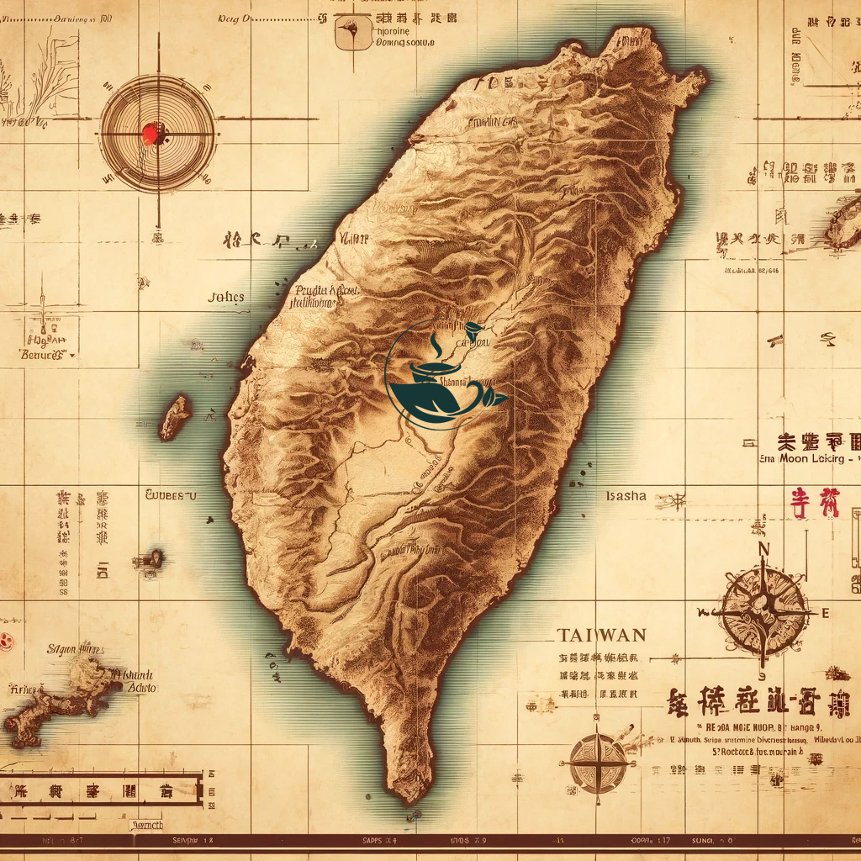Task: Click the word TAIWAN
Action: pyautogui.click(x=602, y=634)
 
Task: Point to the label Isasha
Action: pyautogui.click(x=626, y=495)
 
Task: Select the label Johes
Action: pyautogui.click(x=226, y=297)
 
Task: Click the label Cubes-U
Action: pyautogui.click(x=171, y=495)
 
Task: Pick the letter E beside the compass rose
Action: pyautogui.click(x=825, y=611)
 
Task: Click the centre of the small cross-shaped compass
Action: pyautogui.click(x=598, y=763)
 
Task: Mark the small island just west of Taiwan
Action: pyautogui.click(x=175, y=417)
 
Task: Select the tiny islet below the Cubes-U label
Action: pyautogui.click(x=154, y=557)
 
